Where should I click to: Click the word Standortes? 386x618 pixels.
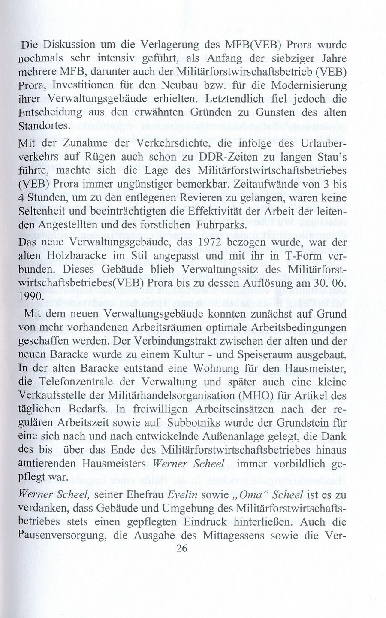(46, 126)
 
